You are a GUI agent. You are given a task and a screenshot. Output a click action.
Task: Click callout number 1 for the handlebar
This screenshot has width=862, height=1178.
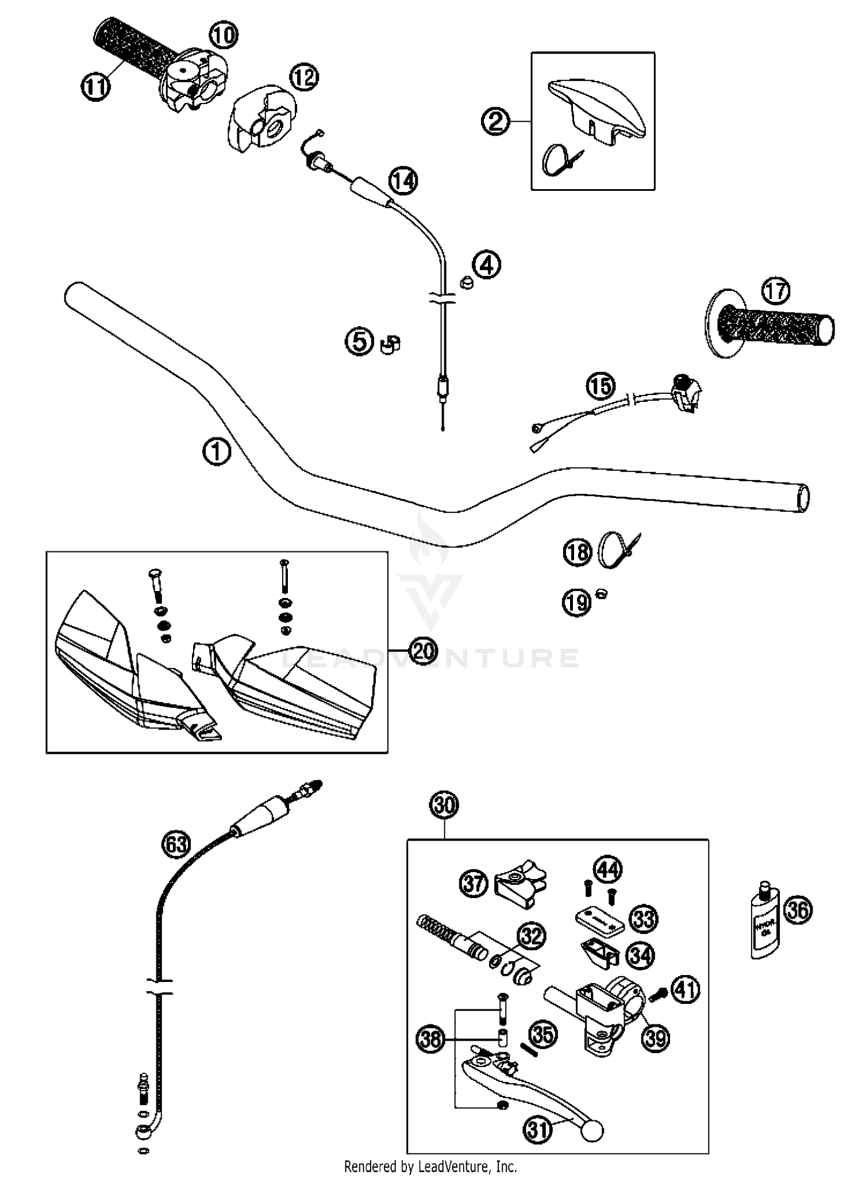point(217,452)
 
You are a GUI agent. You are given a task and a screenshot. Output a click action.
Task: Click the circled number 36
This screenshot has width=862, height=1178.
point(799,910)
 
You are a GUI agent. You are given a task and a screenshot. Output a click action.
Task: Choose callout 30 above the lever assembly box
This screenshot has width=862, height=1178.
point(445,805)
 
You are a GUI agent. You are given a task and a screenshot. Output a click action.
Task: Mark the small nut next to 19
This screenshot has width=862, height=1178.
point(602,594)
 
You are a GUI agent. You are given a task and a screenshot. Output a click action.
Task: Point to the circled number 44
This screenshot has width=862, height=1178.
point(608,869)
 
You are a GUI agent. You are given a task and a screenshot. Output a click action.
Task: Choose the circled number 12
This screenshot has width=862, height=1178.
point(304,77)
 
